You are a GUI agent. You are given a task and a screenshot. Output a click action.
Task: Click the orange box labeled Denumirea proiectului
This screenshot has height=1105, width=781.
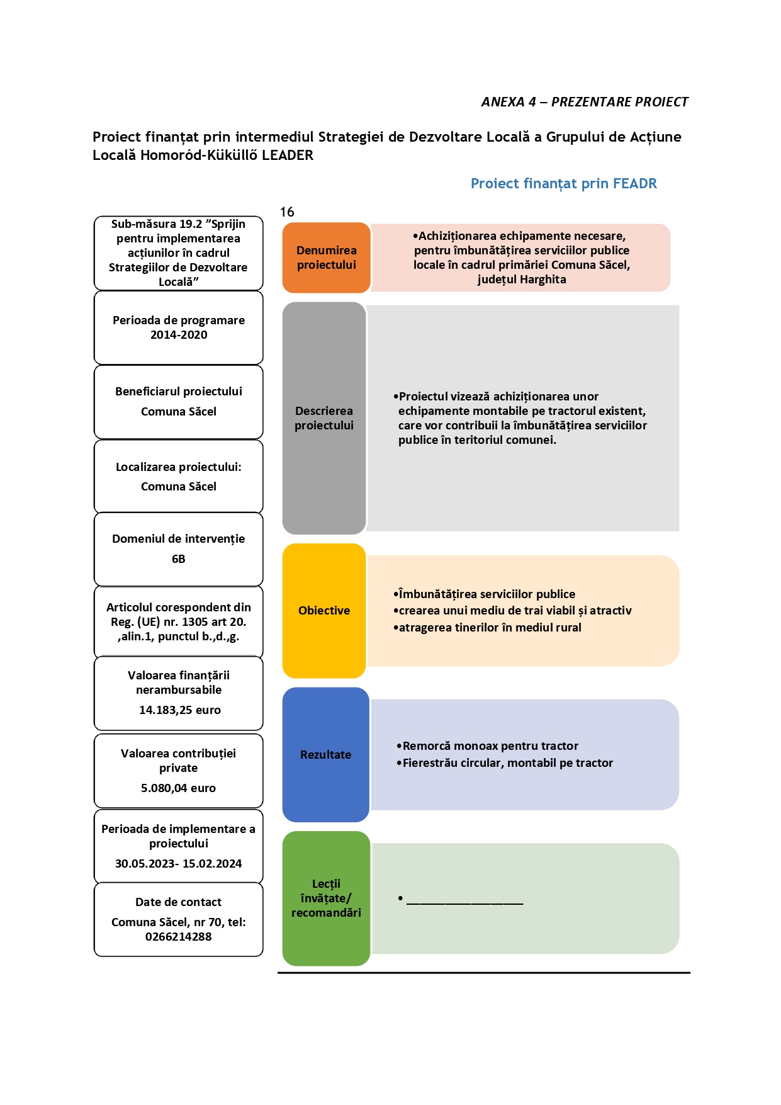pyautogui.click(x=326, y=258)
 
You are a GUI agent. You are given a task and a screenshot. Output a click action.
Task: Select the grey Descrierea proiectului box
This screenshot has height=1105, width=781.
pyautogui.click(x=324, y=418)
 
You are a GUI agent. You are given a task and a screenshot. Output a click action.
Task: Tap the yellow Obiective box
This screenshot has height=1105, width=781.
pyautogui.click(x=324, y=611)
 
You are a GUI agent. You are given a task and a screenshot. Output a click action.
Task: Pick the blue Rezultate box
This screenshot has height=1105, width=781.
pyautogui.click(x=325, y=754)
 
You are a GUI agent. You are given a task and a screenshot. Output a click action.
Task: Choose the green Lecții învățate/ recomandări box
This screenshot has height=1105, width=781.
pyautogui.click(x=326, y=898)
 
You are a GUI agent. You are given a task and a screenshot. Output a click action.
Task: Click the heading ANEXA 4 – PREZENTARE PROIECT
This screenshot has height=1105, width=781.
pyautogui.click(x=585, y=102)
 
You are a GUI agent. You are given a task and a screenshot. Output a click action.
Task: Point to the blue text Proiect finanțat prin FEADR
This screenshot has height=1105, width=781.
pyautogui.click(x=564, y=184)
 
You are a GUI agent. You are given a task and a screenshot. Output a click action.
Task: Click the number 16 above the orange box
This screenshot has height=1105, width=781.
pyautogui.click(x=287, y=212)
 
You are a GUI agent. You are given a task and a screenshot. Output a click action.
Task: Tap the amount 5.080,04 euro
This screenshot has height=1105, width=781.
pyautogui.click(x=179, y=788)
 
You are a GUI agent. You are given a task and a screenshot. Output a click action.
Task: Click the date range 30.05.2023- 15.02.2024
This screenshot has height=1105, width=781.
pyautogui.click(x=179, y=864)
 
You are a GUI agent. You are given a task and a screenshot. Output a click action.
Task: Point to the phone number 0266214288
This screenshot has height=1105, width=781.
pyautogui.click(x=179, y=937)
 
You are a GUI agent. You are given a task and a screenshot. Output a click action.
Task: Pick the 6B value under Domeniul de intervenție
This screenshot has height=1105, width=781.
pyautogui.click(x=179, y=559)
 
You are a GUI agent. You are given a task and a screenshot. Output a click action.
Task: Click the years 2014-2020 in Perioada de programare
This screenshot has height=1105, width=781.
pyautogui.click(x=179, y=335)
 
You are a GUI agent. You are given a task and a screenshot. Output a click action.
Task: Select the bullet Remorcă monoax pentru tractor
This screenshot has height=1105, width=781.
pyautogui.click(x=487, y=746)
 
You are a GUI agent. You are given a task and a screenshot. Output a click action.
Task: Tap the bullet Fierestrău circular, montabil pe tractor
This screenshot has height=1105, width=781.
pyautogui.click(x=505, y=763)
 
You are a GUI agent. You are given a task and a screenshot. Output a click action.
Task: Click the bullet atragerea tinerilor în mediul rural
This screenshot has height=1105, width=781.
pyautogui.click(x=487, y=628)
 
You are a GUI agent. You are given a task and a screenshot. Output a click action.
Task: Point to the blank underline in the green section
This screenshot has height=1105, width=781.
pyautogui.click(x=465, y=904)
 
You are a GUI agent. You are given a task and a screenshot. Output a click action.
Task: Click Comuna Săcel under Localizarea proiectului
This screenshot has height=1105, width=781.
pyautogui.click(x=179, y=487)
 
